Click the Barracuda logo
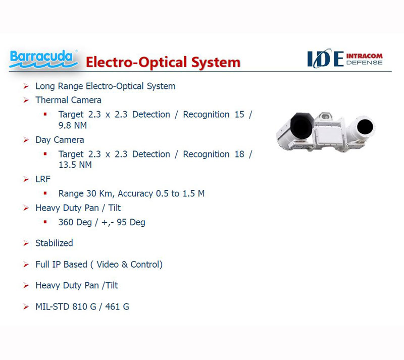(43, 59)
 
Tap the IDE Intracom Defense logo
(345, 59)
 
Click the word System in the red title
(216, 63)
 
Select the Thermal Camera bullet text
(68, 100)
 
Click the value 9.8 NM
(73, 125)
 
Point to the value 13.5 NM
(75, 165)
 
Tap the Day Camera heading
(60, 140)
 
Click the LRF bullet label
(43, 179)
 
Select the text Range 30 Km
(86, 193)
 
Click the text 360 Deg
(75, 222)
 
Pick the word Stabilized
(54, 243)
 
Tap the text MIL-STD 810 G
(66, 306)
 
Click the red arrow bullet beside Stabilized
(26, 243)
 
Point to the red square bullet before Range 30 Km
(45, 193)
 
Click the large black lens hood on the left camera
(302, 126)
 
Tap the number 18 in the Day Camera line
(239, 154)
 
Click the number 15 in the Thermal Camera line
(239, 115)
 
